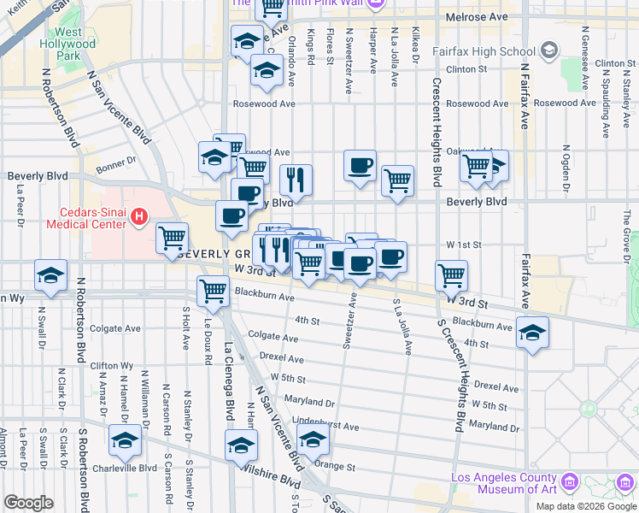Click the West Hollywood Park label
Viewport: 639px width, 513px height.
[61, 44]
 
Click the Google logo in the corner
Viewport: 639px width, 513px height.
[28, 503]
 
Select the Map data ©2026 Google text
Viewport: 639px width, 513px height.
[586, 506]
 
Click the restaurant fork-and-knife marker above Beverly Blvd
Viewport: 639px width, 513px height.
[296, 179]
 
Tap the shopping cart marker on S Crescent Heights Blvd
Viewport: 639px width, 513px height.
[452, 274]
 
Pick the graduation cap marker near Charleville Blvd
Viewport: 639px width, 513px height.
[125, 440]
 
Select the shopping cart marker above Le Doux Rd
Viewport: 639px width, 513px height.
[213, 290]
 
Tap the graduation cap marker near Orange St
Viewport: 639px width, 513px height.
[313, 440]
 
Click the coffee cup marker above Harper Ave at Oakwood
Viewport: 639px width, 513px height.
[361, 164]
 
